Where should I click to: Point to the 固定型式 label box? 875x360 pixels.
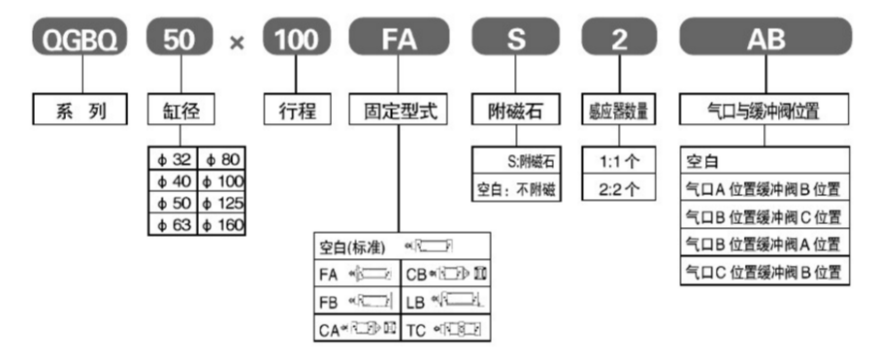pos(399,110)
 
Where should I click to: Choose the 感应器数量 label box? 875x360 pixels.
pos(617,110)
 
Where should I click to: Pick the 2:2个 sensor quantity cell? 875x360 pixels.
pos(617,185)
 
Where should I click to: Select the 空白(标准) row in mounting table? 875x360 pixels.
pos(399,245)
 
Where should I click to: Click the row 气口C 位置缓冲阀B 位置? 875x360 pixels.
pos(764,270)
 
